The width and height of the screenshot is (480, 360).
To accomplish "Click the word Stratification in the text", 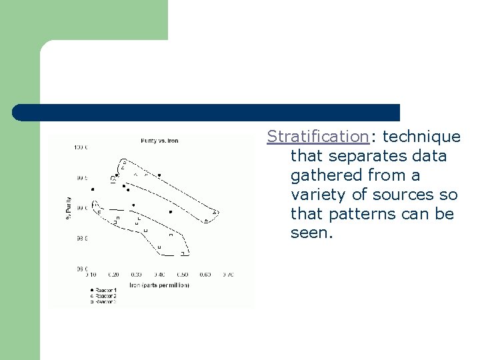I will [x=317, y=137].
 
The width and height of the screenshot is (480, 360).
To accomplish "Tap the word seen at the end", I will [x=311, y=233].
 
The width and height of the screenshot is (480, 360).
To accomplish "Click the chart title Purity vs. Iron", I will [x=159, y=141].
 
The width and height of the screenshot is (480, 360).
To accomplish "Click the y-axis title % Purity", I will [x=68, y=207].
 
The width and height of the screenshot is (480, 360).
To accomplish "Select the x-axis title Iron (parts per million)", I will [x=159, y=285].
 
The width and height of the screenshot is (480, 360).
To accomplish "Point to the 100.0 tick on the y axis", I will [x=81, y=147].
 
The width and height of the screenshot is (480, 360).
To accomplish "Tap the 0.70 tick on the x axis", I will [x=228, y=274].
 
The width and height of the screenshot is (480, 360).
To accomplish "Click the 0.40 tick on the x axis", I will [x=159, y=274].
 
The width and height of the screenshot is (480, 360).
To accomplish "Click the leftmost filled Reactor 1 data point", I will [x=93, y=189].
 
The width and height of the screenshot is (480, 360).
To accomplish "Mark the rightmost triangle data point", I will [x=215, y=213].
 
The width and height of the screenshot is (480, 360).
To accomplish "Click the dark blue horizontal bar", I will [x=207, y=112].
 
